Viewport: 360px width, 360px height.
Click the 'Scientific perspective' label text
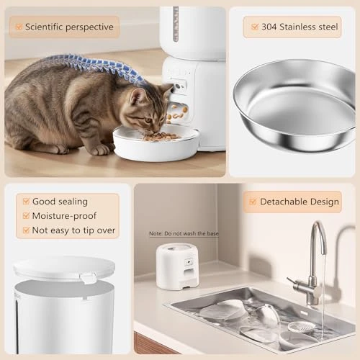[69, 27]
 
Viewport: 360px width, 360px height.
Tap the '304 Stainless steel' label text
[299, 27]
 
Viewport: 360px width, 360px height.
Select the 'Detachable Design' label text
[299, 202]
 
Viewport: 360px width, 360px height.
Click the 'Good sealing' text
[60, 202]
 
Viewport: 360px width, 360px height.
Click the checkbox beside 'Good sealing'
[26, 202]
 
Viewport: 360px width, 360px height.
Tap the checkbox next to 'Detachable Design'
[252, 202]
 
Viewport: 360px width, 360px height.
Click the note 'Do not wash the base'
[184, 233]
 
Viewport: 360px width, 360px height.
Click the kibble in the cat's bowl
[160, 135]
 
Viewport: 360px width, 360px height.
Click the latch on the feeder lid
[88, 278]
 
